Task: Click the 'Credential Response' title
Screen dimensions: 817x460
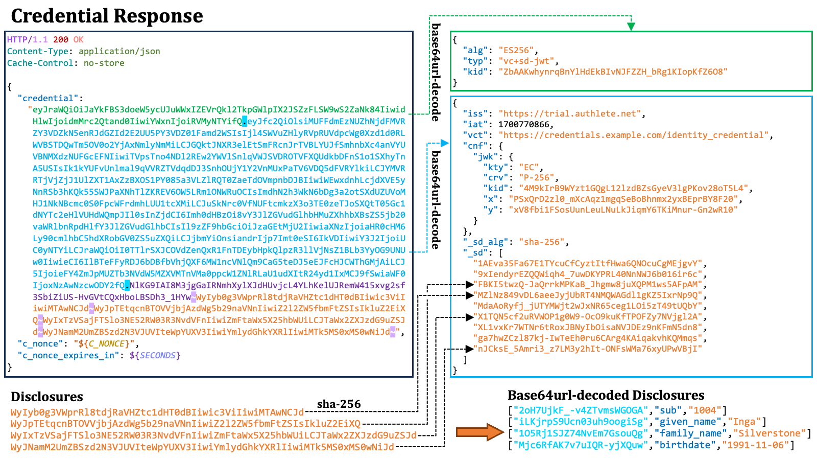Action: click(107, 16)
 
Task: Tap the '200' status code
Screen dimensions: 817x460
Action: click(61, 39)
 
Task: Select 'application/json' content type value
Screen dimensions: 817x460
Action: click(119, 52)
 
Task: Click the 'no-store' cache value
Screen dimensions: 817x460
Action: click(104, 63)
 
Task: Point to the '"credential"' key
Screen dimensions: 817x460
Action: click(48, 98)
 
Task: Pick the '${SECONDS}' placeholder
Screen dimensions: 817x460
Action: click(155, 356)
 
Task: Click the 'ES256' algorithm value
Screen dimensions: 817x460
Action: click(516, 51)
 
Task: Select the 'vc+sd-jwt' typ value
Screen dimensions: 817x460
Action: click(526, 61)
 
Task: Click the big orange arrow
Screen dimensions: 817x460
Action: click(480, 432)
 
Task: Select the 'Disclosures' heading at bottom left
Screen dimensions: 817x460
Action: click(46, 397)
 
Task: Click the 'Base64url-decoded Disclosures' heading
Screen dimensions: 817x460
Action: click(606, 396)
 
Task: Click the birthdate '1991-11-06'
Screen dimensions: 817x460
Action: click(755, 445)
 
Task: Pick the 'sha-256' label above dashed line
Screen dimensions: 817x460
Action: click(339, 404)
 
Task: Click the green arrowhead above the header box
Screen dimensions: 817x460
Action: click(631, 26)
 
